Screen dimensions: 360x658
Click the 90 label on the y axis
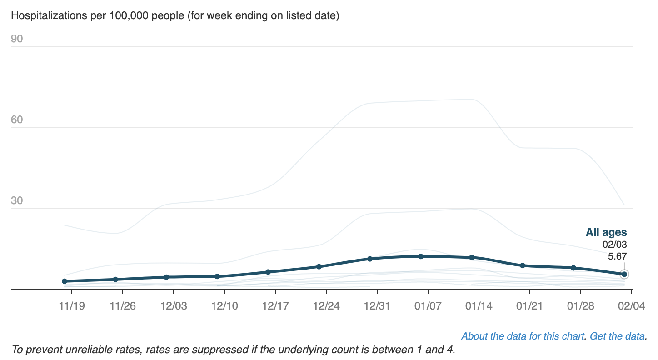[17, 39]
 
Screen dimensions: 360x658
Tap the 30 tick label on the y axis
[17, 201]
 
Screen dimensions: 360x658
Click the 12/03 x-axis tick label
[174, 305]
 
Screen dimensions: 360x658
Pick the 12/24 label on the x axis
[326, 305]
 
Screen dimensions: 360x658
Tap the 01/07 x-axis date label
[428, 305]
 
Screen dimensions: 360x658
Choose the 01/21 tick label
[530, 305]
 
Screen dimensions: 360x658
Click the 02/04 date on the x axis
[632, 305]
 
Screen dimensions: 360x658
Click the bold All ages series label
[606, 233]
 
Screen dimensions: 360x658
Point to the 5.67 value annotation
[617, 256]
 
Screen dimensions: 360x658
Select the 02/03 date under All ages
[615, 245]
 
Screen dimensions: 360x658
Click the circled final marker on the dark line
[624, 274]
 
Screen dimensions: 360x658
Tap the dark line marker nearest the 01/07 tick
[421, 256]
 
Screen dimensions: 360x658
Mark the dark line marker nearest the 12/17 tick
[268, 272]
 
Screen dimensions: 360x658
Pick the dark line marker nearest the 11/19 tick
[65, 281]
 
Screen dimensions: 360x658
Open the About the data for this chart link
[523, 336]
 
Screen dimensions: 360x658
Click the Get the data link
[618, 336]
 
